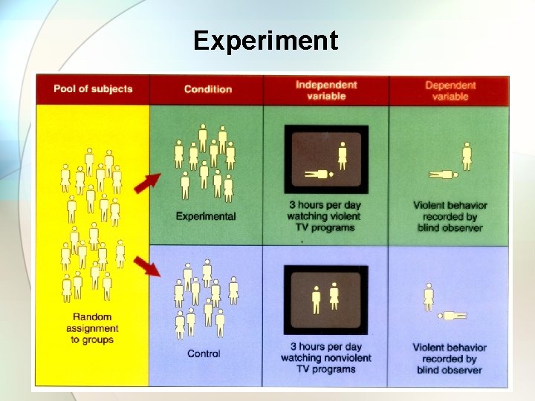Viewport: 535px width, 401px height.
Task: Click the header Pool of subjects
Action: [x=93, y=89]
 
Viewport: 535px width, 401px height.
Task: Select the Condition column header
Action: [x=208, y=89]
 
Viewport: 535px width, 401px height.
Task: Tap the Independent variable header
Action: [x=326, y=90]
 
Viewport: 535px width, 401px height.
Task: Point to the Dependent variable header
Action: [x=450, y=90]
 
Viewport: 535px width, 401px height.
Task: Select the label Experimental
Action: [x=206, y=217]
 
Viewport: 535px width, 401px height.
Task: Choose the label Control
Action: [x=204, y=353]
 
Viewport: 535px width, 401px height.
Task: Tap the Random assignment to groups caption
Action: [x=93, y=328]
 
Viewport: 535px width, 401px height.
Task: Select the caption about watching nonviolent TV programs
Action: [x=326, y=357]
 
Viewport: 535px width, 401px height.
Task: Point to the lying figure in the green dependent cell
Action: [x=446, y=175]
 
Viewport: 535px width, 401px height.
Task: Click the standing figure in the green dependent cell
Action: [x=467, y=156]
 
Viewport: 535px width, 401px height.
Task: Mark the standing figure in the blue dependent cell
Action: [x=429, y=297]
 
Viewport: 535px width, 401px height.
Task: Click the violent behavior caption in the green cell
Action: [x=450, y=216]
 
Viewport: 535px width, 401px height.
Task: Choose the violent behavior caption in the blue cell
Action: [x=450, y=358]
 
